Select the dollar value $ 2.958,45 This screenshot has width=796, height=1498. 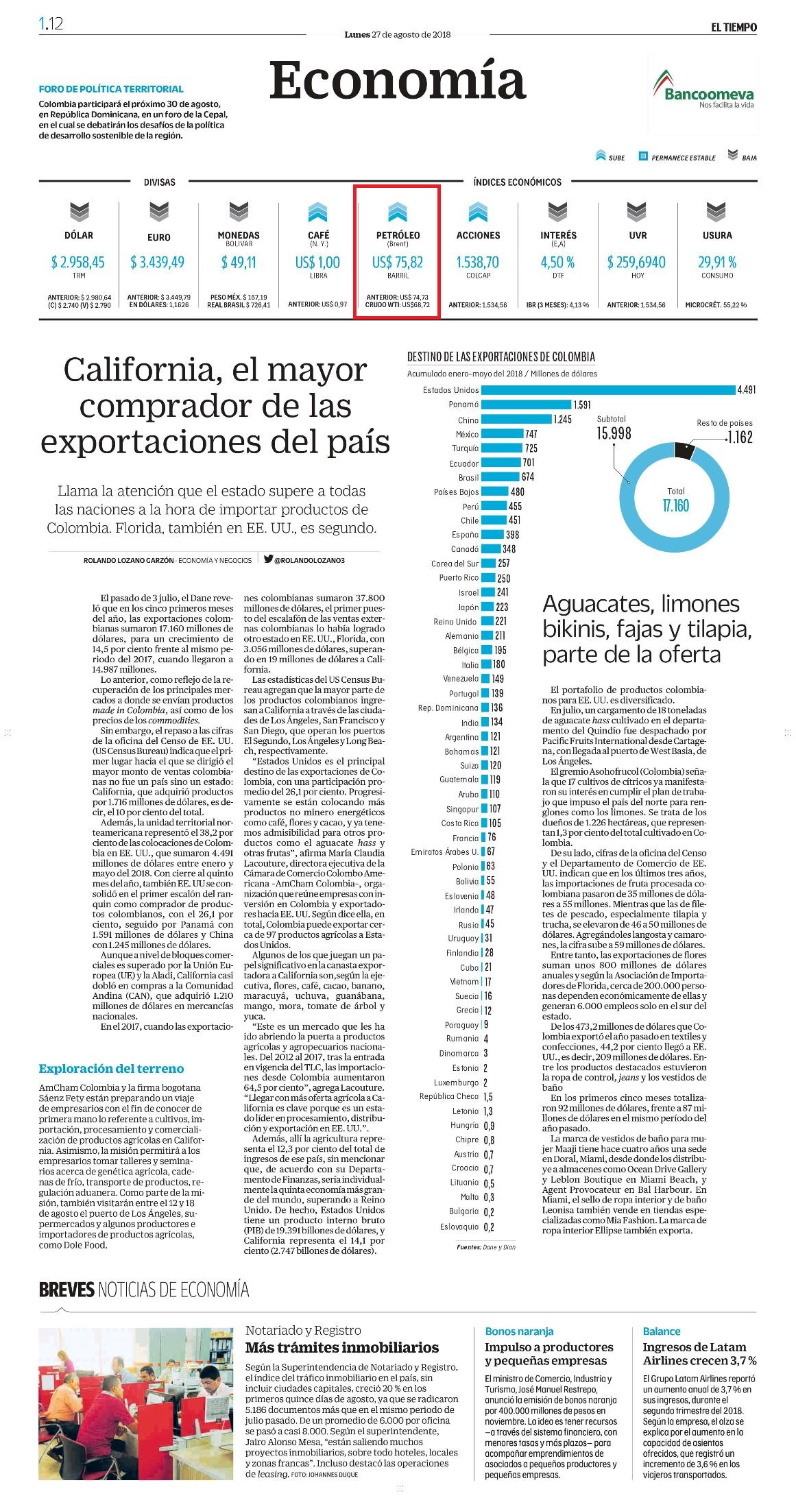(x=78, y=262)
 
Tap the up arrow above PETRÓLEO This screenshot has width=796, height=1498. (x=398, y=213)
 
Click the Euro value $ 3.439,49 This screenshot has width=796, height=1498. (x=158, y=262)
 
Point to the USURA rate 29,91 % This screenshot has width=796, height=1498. (x=717, y=262)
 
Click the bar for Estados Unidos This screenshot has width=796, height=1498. (x=608, y=390)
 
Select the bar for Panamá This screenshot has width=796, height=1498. (x=527, y=404)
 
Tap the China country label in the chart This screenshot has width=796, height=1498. (x=468, y=420)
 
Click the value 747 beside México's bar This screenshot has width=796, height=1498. (x=531, y=434)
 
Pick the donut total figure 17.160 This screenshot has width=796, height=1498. (x=675, y=506)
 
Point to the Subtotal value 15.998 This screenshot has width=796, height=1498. (x=614, y=433)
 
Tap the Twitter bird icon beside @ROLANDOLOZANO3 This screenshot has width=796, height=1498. (x=268, y=559)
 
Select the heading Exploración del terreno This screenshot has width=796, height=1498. (x=111, y=1068)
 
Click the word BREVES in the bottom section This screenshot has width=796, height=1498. (x=67, y=1290)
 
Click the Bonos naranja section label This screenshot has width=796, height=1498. (x=519, y=1331)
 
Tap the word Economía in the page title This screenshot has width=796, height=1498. (x=398, y=80)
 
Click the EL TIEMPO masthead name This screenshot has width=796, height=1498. (x=734, y=27)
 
